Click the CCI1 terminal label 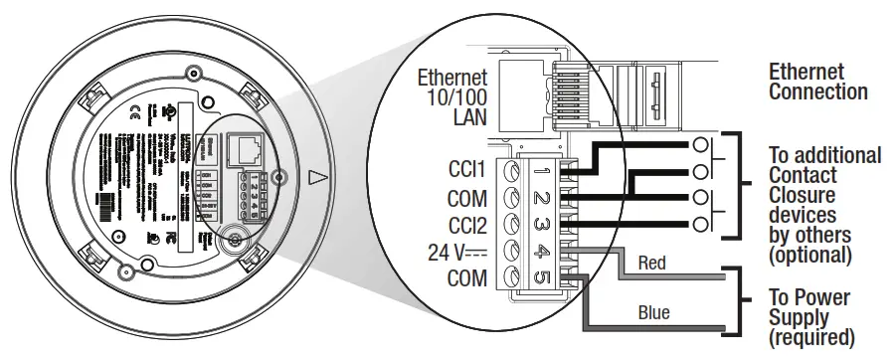(x=466, y=171)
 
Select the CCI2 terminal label (x=466, y=225)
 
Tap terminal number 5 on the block (x=542, y=278)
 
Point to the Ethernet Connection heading (x=817, y=82)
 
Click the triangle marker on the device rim (x=317, y=179)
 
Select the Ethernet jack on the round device (x=244, y=151)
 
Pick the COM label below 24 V (x=467, y=278)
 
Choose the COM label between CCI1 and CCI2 (x=467, y=198)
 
